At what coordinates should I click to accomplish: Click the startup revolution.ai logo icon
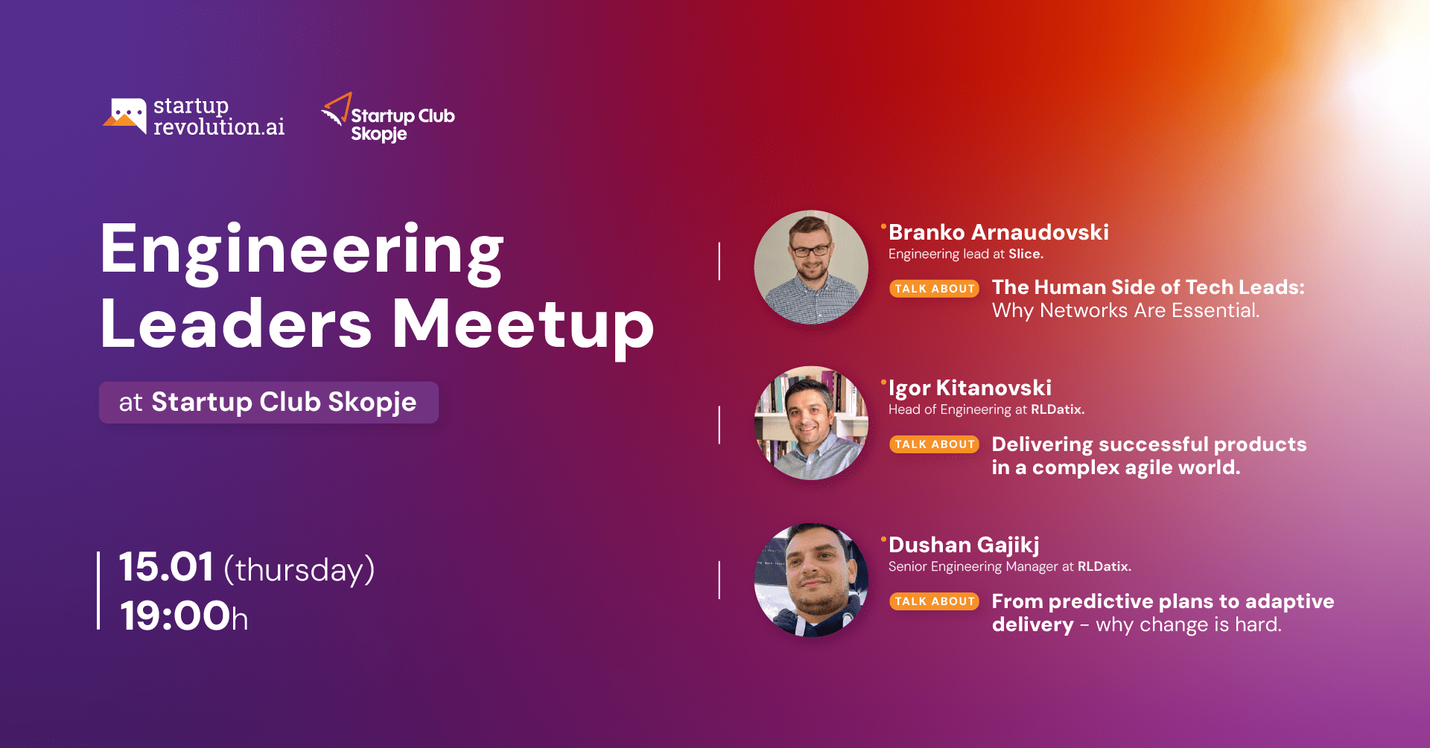pyautogui.click(x=124, y=116)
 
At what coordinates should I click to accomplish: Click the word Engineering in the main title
pyautogui.click(x=302, y=251)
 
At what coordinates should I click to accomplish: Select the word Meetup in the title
pyautogui.click(x=523, y=325)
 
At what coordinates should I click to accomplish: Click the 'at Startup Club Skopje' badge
pyautogui.click(x=268, y=403)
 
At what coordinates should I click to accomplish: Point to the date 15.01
pyautogui.click(x=166, y=567)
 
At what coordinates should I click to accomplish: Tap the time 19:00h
pyautogui.click(x=183, y=616)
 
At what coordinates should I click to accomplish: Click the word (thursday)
pyautogui.click(x=299, y=570)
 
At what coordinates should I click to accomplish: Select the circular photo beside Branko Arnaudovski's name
pyautogui.click(x=811, y=267)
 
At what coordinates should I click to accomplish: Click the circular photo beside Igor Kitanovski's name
pyautogui.click(x=811, y=423)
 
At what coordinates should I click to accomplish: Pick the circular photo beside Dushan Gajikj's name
pyautogui.click(x=811, y=580)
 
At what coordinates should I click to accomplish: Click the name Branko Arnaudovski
pyautogui.click(x=999, y=232)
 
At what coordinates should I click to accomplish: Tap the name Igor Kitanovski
pyautogui.click(x=970, y=388)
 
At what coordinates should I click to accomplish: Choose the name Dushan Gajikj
pyautogui.click(x=964, y=545)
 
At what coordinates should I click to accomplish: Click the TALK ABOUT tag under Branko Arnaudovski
pyautogui.click(x=934, y=289)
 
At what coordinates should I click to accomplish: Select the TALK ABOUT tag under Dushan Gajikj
pyautogui.click(x=934, y=601)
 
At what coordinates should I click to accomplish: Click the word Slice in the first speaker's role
pyautogui.click(x=1024, y=254)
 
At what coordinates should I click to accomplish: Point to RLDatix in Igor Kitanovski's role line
pyautogui.click(x=1055, y=409)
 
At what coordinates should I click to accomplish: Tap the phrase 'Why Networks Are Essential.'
pyautogui.click(x=1125, y=310)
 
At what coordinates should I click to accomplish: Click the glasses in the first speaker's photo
pyautogui.click(x=810, y=251)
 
